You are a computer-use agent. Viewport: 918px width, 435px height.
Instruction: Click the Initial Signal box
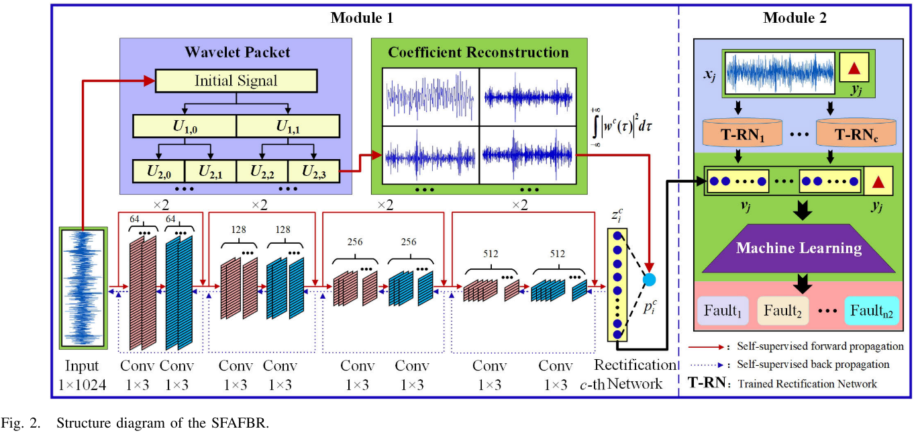click(236, 81)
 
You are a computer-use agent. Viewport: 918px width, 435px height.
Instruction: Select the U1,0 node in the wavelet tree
click(185, 126)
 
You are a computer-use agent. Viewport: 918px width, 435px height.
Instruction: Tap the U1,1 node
click(288, 126)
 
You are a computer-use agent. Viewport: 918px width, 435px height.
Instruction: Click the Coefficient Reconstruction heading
click(478, 52)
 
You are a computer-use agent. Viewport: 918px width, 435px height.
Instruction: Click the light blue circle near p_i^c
click(649, 279)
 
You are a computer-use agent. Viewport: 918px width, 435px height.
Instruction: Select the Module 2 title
click(795, 18)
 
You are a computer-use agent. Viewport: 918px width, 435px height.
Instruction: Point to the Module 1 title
click(362, 18)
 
